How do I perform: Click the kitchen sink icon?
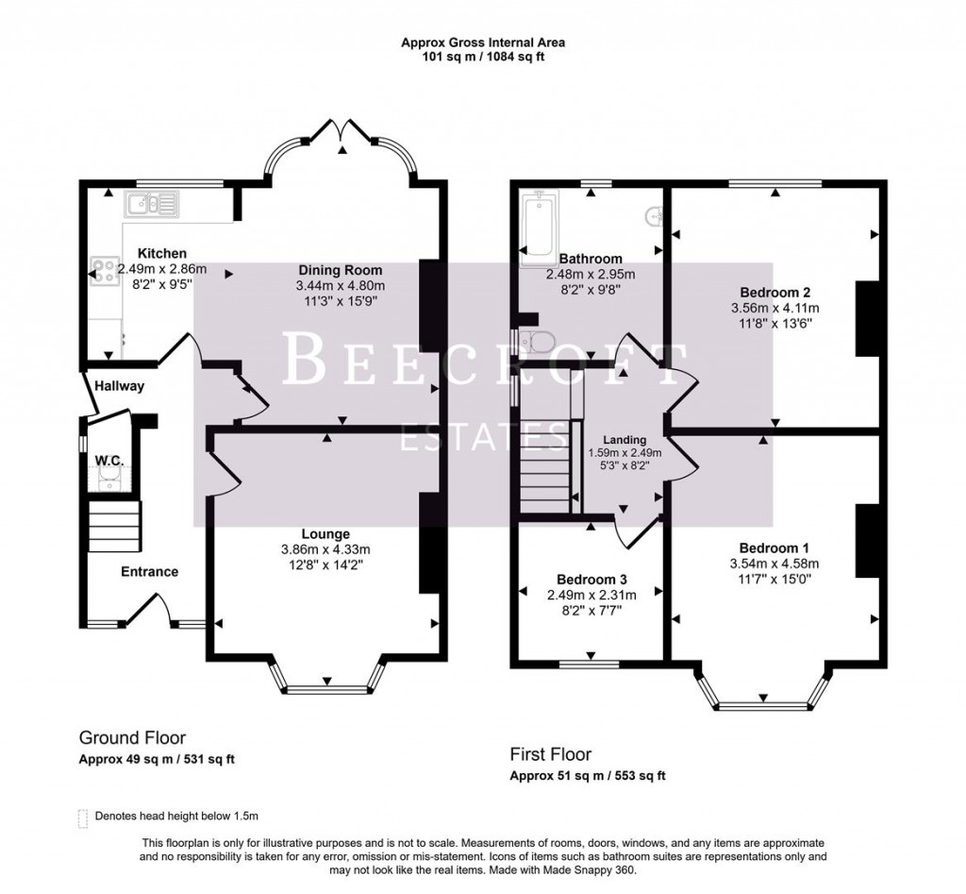(x=150, y=201)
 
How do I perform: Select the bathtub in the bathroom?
(x=540, y=224)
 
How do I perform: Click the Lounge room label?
(x=327, y=533)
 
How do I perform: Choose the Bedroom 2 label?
(x=775, y=292)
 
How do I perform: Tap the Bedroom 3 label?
(x=591, y=579)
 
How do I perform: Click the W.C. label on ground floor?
(x=110, y=460)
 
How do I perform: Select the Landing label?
(x=625, y=440)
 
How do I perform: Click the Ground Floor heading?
(x=132, y=738)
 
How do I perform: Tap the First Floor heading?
(x=551, y=754)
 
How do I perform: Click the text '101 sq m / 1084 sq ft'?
(x=483, y=57)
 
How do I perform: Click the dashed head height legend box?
(x=83, y=816)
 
